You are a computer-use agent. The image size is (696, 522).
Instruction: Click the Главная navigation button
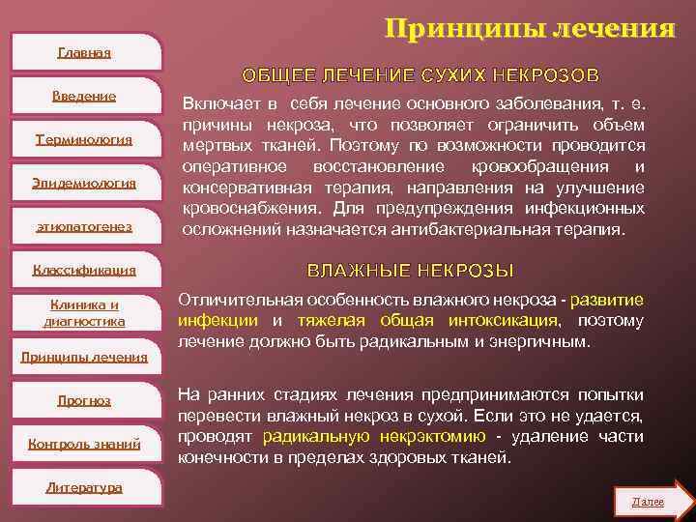coord(84,52)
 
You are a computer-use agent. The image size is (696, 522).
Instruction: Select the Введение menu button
coord(84,96)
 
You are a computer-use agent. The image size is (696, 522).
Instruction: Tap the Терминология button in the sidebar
coord(84,139)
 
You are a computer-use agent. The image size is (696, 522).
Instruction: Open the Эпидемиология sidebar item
coord(84,183)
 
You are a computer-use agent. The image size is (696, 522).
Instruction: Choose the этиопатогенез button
coord(84,226)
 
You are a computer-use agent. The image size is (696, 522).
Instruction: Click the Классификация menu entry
coord(84,270)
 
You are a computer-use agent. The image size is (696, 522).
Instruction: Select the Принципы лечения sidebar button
coord(84,357)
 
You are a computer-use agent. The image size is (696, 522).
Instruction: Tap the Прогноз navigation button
coord(84,400)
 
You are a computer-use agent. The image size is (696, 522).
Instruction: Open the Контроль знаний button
coord(84,444)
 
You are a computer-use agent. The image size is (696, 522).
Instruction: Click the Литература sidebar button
coord(84,487)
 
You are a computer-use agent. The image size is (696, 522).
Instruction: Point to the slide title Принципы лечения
coord(530,29)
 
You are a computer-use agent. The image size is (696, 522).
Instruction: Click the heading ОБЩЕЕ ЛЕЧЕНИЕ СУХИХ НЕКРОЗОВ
coord(420,74)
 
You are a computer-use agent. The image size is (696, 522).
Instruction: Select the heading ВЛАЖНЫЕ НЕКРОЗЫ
coord(410,271)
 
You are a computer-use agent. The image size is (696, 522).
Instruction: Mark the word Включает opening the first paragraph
coord(219,103)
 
